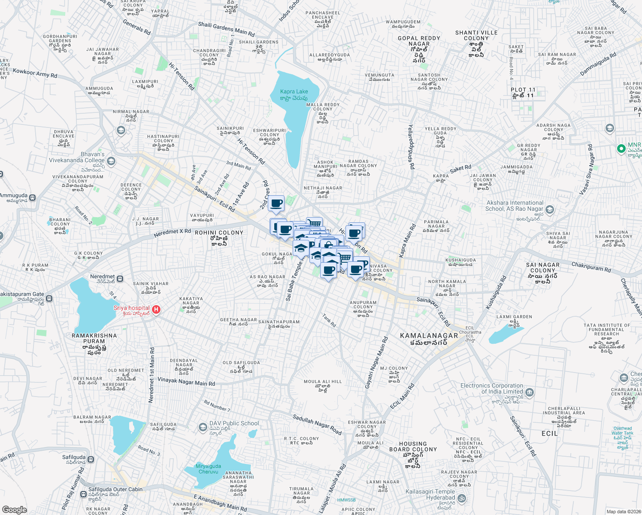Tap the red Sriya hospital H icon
click(156, 309)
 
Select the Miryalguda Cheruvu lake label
click(209, 469)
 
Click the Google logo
click(14, 509)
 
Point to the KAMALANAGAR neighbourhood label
click(429, 336)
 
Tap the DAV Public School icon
click(203, 427)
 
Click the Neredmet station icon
click(120, 279)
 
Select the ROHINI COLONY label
click(219, 233)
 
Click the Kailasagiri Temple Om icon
click(462, 498)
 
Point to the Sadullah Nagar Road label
click(317, 424)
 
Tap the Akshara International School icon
click(550, 210)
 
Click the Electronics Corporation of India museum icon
click(530, 392)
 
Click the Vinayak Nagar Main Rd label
click(186, 382)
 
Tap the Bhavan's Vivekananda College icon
click(111, 161)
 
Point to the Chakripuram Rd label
click(591, 267)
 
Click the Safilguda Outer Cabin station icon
click(82, 490)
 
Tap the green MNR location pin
click(621, 148)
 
